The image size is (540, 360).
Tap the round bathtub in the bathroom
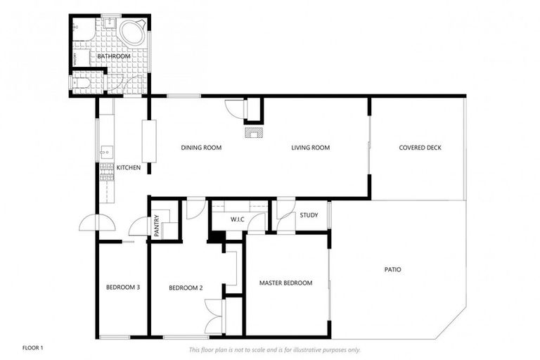click(131, 32)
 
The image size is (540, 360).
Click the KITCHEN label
click(128, 167)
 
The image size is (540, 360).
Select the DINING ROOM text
click(201, 148)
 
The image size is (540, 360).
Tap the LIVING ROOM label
click(311, 148)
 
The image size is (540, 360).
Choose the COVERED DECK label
click(420, 148)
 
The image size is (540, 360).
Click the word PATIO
click(393, 269)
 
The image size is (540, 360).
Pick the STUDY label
click(309, 215)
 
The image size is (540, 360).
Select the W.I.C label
click(237, 219)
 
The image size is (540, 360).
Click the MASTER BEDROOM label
click(285, 283)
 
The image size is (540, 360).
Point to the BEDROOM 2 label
click(186, 287)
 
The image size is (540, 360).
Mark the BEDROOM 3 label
click(123, 287)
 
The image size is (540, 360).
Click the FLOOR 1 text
click(33, 348)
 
